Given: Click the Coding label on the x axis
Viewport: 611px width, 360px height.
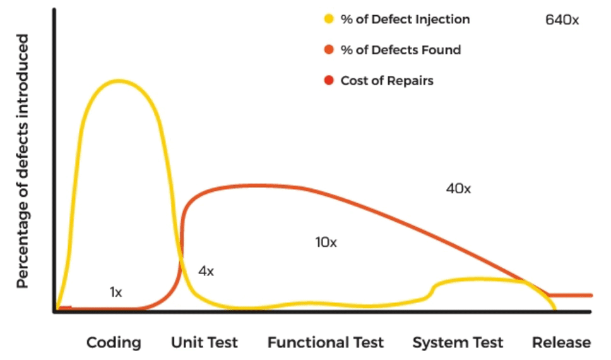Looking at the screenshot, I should point(114,343).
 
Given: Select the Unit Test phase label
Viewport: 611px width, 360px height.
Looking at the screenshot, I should point(205,343).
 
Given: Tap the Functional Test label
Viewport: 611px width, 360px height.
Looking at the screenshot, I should point(325,343).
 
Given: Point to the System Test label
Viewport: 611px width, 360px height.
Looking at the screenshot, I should point(458,343).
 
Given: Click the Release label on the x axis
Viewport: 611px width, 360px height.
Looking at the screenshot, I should point(561,343).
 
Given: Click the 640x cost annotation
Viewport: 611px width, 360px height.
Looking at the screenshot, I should point(562,20).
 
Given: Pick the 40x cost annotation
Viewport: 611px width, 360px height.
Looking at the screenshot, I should point(458,188).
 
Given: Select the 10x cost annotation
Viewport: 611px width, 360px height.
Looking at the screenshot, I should point(326,242).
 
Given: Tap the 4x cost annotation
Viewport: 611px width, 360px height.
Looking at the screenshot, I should point(206,272).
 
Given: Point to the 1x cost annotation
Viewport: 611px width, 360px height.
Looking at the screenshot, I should point(116,292).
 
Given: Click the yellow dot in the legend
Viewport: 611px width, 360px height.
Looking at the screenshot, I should point(328,19).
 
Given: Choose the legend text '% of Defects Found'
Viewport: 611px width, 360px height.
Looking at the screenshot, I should point(400,50).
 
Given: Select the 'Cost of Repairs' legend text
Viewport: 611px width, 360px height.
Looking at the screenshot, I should point(386,81).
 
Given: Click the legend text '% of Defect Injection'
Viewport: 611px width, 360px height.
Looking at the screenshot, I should point(405,19).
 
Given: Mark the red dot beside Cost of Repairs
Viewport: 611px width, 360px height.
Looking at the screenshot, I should point(328,81).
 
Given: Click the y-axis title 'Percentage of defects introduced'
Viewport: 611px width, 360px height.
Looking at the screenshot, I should point(23,161).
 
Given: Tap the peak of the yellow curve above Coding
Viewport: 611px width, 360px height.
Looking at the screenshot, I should point(117,81).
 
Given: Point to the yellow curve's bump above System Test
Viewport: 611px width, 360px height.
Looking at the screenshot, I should point(480,279).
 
